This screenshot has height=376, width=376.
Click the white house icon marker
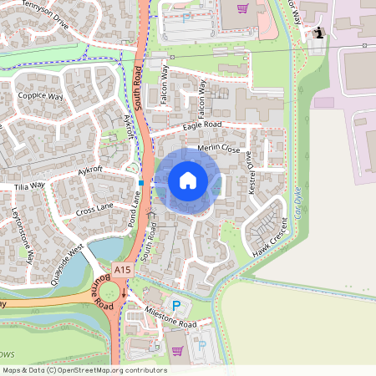click(x=188, y=180)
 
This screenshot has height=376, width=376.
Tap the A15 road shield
click(x=123, y=269)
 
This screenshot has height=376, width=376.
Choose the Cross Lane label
click(x=94, y=208)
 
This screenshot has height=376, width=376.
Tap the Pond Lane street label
click(x=134, y=209)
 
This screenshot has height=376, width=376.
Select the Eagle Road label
click(x=201, y=125)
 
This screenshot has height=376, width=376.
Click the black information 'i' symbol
click(x=319, y=33)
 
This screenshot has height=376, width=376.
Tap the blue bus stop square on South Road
click(x=142, y=182)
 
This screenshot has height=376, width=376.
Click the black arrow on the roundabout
click(x=124, y=294)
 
